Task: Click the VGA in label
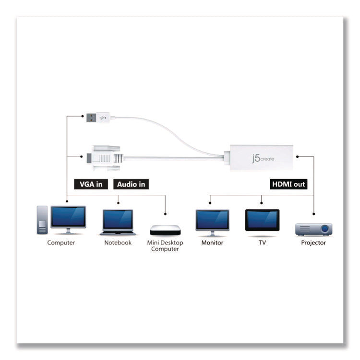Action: (90, 184)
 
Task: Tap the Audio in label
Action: (131, 184)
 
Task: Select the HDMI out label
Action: (288, 184)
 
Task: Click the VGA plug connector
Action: (103, 156)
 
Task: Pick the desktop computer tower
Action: (43, 220)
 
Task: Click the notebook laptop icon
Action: (118, 222)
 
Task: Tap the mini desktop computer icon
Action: (165, 229)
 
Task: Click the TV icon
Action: (262, 221)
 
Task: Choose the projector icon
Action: (313, 229)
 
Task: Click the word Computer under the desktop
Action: (61, 243)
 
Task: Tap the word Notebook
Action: (118, 243)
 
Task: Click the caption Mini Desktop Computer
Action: (165, 246)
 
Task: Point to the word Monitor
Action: (212, 243)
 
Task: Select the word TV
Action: (262, 243)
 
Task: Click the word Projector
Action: (313, 243)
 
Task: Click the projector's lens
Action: (324, 229)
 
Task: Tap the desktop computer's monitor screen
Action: (68, 216)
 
